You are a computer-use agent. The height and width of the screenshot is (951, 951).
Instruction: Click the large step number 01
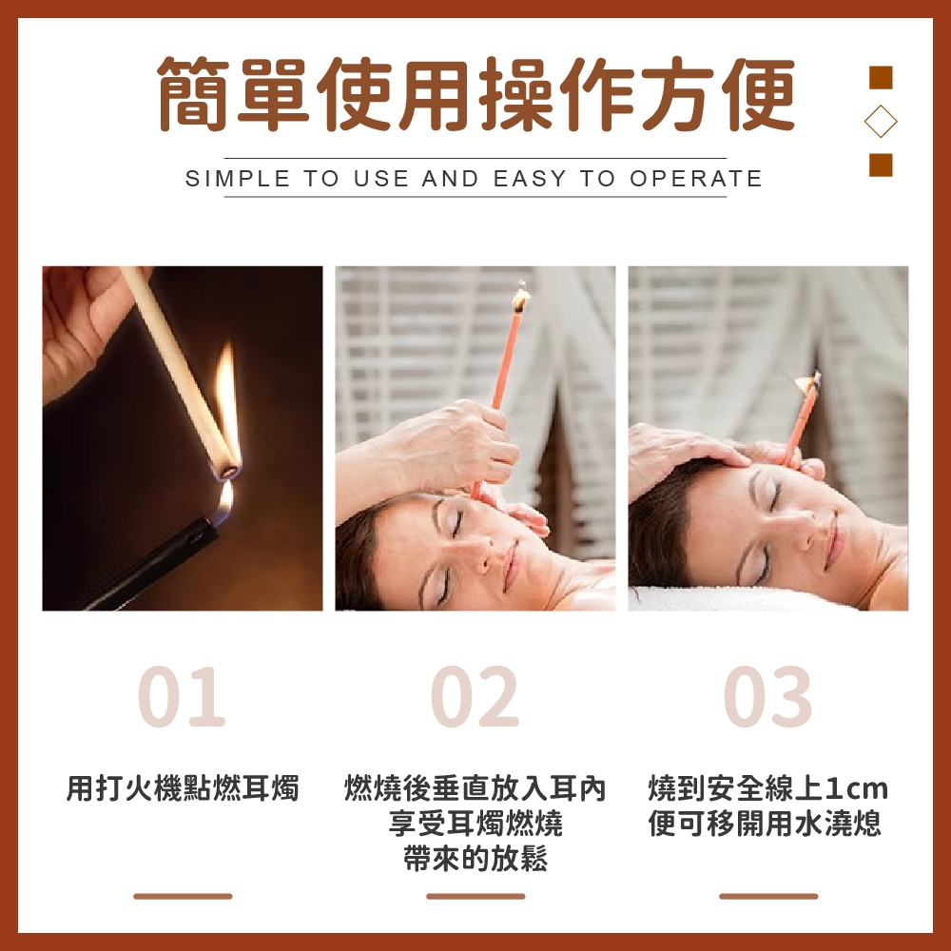[x=182, y=696]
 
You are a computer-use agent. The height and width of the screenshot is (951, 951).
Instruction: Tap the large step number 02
[x=475, y=696]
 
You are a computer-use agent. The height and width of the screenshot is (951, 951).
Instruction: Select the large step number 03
[x=767, y=696]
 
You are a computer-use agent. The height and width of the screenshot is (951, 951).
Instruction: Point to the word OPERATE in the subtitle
[x=696, y=179]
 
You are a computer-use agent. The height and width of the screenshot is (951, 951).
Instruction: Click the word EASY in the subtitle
[x=530, y=179]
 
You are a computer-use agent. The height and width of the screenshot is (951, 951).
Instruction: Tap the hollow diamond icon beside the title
[x=881, y=122]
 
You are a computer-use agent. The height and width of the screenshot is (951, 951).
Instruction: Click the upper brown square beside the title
[x=881, y=78]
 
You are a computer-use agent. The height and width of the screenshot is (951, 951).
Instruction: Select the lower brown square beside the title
[x=881, y=165]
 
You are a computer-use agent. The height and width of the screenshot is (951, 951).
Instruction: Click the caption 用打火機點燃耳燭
[x=182, y=788]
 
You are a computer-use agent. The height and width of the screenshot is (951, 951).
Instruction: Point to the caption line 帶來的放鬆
[x=475, y=858]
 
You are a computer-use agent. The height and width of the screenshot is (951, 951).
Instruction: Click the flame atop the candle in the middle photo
[x=521, y=297]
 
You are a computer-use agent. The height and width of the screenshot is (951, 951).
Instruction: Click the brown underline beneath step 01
[x=183, y=896]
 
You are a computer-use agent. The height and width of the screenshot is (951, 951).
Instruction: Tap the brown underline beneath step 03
[x=768, y=896]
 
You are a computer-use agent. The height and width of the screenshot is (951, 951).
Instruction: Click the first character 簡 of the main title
[x=194, y=93]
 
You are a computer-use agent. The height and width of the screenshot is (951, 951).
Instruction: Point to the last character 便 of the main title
[x=757, y=93]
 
